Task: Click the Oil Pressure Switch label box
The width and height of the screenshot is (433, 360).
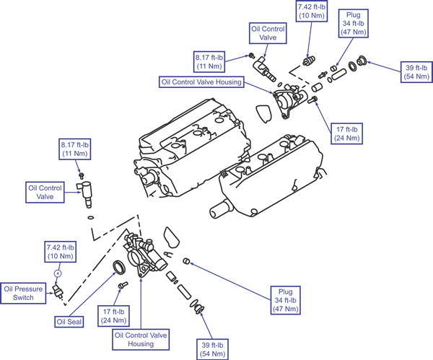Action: pyautogui.click(x=23, y=293)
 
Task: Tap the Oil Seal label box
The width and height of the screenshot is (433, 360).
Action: pyautogui.click(x=69, y=322)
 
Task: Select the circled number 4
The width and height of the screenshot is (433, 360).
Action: pyautogui.click(x=58, y=273)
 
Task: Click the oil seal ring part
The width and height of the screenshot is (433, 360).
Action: pyautogui.click(x=119, y=267)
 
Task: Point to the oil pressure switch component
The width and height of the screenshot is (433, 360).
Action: pyautogui.click(x=58, y=291)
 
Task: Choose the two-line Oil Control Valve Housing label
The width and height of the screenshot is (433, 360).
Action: pyautogui.click(x=141, y=339)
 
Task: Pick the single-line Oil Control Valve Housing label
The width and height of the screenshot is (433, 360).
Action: pyautogui.click(x=201, y=82)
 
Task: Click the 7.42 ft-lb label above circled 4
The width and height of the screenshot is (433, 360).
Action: pyautogui.click(x=60, y=252)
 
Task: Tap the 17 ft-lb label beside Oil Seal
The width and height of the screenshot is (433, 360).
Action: pyautogui.click(x=113, y=316)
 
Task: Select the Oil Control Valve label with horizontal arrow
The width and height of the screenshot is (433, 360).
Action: pyautogui.click(x=45, y=192)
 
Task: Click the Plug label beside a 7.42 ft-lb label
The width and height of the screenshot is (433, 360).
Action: pyautogui.click(x=353, y=24)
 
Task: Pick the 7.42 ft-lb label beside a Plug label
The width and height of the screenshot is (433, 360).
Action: pyautogui.click(x=312, y=11)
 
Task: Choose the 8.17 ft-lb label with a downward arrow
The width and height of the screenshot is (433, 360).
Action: pyautogui.click(x=75, y=149)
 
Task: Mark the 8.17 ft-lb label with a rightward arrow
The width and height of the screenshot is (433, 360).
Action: pyautogui.click(x=209, y=61)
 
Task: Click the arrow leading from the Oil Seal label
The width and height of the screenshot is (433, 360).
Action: pyautogui.click(x=92, y=294)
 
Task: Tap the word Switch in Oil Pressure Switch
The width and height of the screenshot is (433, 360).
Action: pyautogui.click(x=23, y=298)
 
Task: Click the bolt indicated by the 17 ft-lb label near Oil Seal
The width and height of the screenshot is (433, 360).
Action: pyautogui.click(x=123, y=285)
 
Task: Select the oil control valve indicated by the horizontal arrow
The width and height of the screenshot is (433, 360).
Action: pyautogui.click(x=84, y=193)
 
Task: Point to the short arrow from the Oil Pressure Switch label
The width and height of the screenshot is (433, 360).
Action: pyautogui.click(x=49, y=293)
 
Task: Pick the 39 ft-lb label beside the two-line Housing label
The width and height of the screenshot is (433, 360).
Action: pyautogui.click(x=212, y=349)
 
